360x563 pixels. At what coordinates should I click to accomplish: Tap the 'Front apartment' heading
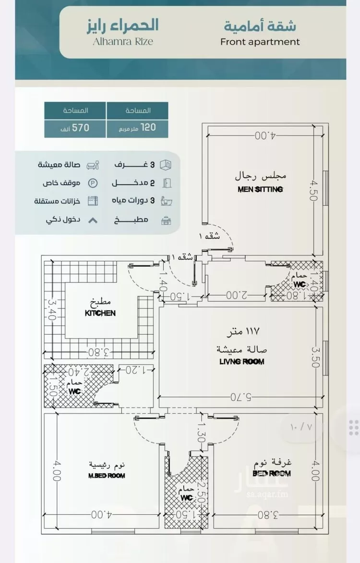(x=260, y=42)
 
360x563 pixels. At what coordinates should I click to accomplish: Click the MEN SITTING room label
(x=260, y=189)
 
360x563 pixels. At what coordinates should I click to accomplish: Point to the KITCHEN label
(x=100, y=313)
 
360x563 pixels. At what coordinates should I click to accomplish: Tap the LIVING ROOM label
(x=242, y=361)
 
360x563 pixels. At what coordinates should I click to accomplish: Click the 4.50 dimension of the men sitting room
(x=314, y=191)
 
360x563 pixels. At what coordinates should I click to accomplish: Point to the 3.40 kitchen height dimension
(x=51, y=311)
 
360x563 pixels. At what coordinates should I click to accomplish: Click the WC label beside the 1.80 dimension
(x=300, y=284)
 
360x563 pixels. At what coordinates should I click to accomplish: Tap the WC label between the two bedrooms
(x=187, y=498)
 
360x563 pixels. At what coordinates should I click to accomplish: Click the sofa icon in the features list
(x=92, y=165)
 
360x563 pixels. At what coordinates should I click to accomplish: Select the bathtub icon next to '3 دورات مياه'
(x=165, y=201)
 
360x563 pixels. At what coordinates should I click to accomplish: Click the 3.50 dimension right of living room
(x=315, y=357)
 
